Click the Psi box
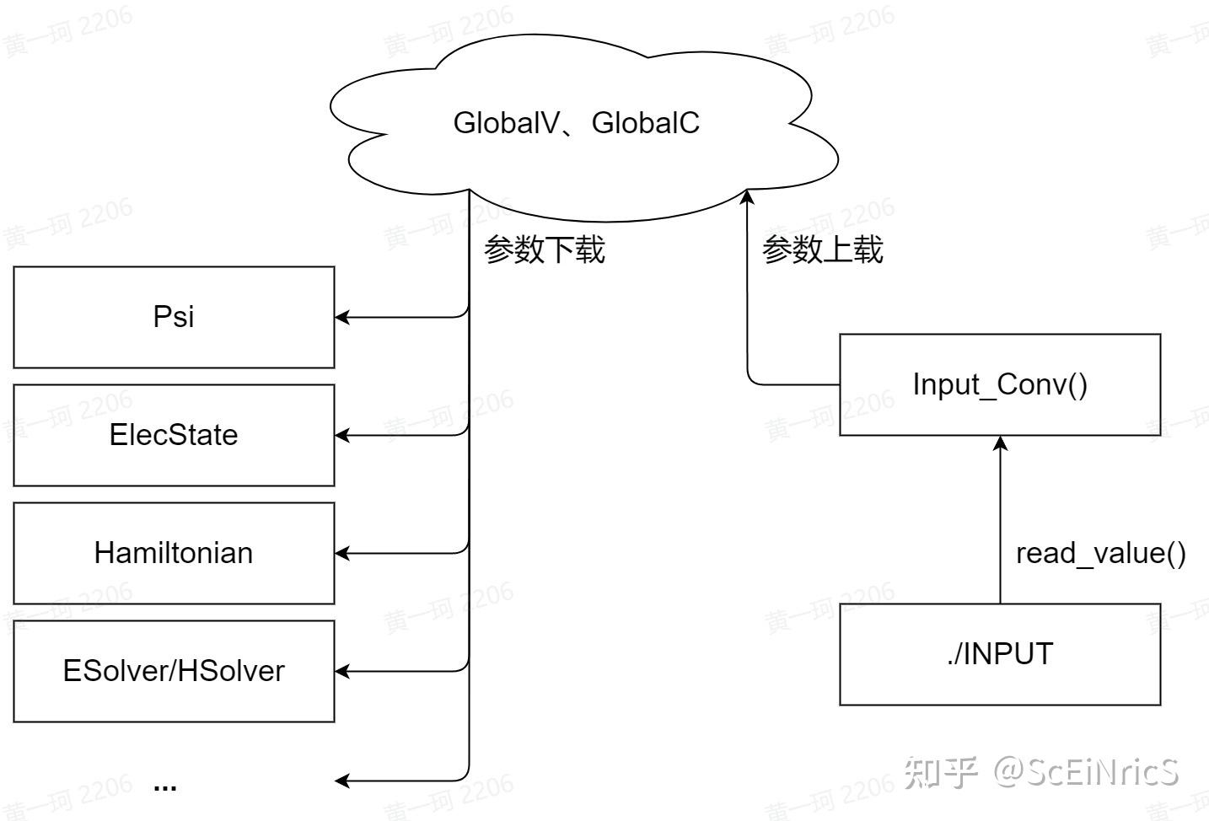(x=174, y=317)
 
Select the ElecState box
(x=174, y=435)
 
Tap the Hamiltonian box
(x=174, y=553)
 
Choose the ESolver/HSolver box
(x=174, y=671)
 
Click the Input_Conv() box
(x=1000, y=384)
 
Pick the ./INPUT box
(x=1000, y=654)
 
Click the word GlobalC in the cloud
(x=646, y=123)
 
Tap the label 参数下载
(x=545, y=250)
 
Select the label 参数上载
(x=823, y=250)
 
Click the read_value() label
(x=1100, y=553)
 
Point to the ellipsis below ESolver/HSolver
(x=165, y=786)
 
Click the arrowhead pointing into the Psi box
(x=342, y=318)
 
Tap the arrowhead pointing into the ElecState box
(x=342, y=436)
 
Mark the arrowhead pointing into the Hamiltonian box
(x=342, y=554)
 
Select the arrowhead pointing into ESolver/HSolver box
(x=342, y=672)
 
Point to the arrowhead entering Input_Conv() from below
(x=1001, y=443)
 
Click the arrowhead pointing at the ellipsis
(x=342, y=781)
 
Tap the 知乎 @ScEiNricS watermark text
(x=1041, y=771)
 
